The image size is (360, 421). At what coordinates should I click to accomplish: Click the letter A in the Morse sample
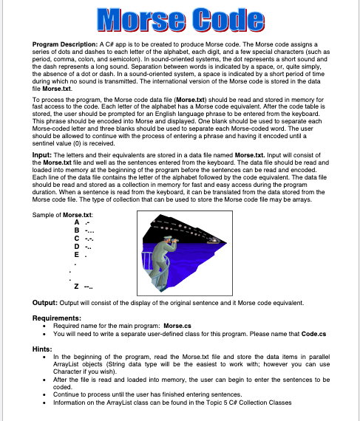pos(77,222)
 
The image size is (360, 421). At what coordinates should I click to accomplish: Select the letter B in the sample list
pos(77,230)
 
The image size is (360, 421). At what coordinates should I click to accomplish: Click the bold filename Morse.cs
pos(179,324)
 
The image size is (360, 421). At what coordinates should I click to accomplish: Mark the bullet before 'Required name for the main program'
pos(47,325)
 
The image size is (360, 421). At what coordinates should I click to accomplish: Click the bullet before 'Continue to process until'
pos(47,394)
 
